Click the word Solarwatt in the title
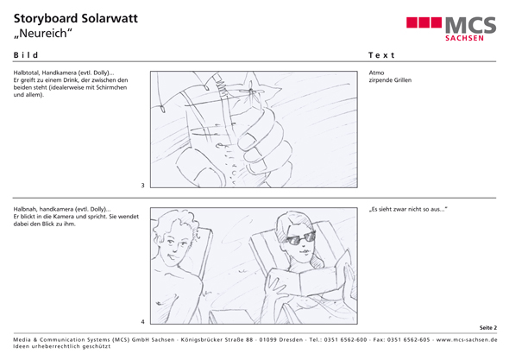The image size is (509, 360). [x=110, y=18]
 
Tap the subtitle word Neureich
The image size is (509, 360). [x=43, y=34]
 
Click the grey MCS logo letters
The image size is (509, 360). [x=470, y=25]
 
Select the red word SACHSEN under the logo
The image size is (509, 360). [x=464, y=38]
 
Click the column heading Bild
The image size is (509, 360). [x=26, y=55]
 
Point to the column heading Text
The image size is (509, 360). [x=381, y=55]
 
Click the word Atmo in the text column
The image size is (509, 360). [x=376, y=73]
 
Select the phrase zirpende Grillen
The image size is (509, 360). [x=390, y=80]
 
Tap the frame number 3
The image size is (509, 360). [x=142, y=186]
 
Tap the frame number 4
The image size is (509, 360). [x=142, y=322]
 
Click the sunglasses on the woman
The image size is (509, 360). [x=300, y=238]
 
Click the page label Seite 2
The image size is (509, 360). [x=488, y=328]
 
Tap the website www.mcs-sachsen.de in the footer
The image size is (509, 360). [x=467, y=340]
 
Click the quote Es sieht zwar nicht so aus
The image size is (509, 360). [x=408, y=209]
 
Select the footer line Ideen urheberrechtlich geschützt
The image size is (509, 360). [x=61, y=346]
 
